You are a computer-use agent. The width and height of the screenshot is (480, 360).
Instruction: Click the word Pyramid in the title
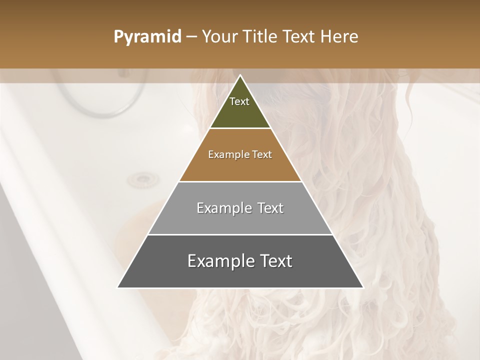click(147, 37)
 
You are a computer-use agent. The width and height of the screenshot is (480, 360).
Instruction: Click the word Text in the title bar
click(300, 37)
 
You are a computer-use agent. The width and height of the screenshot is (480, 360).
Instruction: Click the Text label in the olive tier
click(239, 101)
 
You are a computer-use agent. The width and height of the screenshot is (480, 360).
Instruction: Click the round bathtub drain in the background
click(142, 179)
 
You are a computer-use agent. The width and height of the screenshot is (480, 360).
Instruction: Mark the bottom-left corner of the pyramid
click(118, 287)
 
